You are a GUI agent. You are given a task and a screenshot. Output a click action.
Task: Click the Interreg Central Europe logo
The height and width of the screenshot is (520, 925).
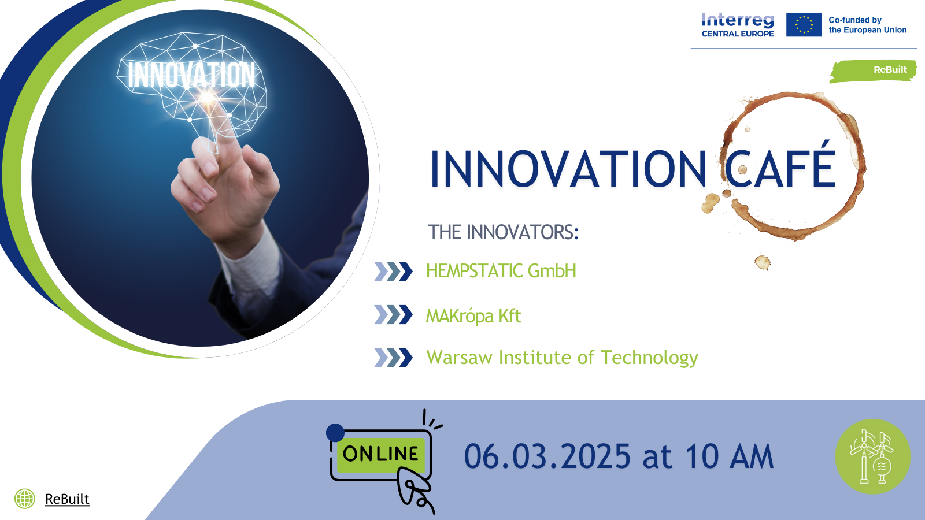[738, 25]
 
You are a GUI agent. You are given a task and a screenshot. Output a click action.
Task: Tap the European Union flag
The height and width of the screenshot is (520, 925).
[804, 25]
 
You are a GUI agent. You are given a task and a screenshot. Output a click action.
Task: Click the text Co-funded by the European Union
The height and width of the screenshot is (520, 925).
[867, 25]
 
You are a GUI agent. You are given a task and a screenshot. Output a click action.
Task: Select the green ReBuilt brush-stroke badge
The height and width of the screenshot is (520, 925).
[873, 71]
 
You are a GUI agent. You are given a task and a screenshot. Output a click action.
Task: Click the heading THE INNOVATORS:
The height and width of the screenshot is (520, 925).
[503, 232]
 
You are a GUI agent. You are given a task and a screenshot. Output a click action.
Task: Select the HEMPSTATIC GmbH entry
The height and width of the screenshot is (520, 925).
[501, 271]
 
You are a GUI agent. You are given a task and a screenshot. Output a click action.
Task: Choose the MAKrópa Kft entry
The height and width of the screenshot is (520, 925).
[473, 316]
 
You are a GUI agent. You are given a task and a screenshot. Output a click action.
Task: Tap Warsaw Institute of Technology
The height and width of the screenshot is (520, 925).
[562, 358]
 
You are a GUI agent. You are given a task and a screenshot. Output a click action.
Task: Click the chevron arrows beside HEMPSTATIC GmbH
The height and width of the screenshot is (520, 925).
[393, 272]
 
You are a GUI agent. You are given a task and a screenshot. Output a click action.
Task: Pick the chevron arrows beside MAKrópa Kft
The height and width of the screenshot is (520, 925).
[393, 314]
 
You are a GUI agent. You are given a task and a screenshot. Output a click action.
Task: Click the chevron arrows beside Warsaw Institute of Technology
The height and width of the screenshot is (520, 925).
[393, 358]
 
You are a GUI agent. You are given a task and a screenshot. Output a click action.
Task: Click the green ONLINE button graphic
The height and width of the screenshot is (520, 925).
[381, 454]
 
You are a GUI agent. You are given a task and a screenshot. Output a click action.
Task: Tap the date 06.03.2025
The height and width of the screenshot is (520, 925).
[547, 456]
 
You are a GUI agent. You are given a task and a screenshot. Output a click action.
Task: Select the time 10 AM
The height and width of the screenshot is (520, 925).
[729, 456]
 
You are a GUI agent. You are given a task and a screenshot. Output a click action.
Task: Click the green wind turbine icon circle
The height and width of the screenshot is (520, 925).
[873, 456]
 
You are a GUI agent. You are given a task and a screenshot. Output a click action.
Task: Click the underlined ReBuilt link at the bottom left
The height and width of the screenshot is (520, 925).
[67, 499]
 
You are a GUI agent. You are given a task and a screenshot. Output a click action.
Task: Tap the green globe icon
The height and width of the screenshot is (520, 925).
[25, 499]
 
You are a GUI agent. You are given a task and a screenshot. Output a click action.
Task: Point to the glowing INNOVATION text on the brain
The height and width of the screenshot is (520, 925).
[191, 75]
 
